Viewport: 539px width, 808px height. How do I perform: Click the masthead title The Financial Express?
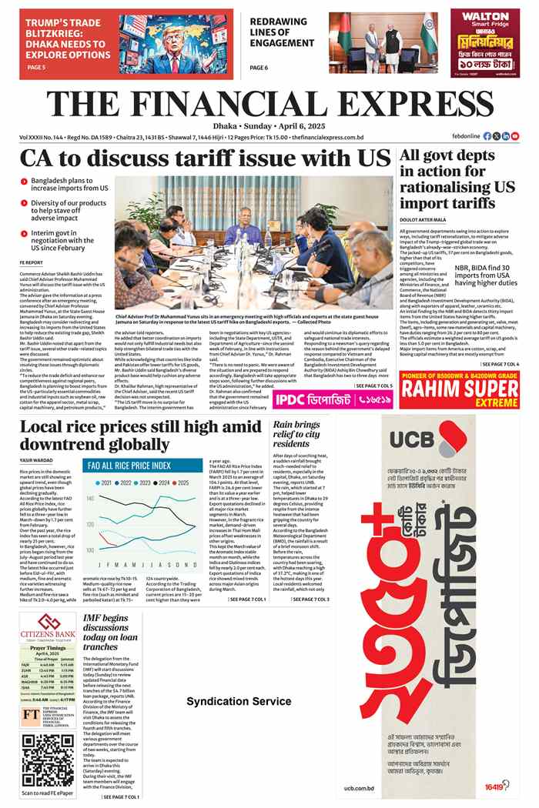[x=269, y=105]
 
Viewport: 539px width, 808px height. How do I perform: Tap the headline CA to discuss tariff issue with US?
[x=206, y=159]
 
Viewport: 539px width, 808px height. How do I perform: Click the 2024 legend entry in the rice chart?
[x=166, y=482]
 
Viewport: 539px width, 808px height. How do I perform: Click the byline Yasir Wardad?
[x=38, y=460]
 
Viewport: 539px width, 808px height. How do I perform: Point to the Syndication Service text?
[x=239, y=702]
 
